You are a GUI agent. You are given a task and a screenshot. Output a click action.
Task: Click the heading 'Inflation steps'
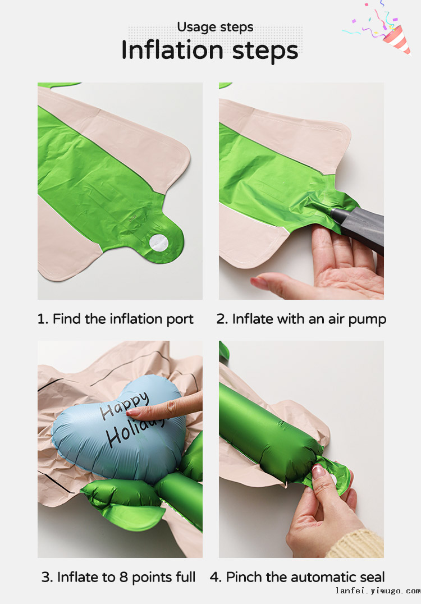pyautogui.click(x=210, y=51)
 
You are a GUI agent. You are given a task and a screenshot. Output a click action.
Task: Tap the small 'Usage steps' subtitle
pyautogui.click(x=215, y=27)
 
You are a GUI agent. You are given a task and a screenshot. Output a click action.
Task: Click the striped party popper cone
pyautogui.click(x=397, y=39)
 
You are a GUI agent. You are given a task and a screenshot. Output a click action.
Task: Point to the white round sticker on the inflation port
pyautogui.click(x=159, y=243)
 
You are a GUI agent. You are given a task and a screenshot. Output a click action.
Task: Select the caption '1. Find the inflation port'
pyautogui.click(x=115, y=319)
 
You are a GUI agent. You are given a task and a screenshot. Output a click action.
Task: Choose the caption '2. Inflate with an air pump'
pyautogui.click(x=301, y=319)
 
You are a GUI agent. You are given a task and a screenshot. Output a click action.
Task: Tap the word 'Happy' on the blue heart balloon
pyautogui.click(x=124, y=405)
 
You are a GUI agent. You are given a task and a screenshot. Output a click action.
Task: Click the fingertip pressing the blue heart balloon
pyautogui.click(x=134, y=412)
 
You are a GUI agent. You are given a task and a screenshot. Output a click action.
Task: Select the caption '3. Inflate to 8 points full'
pyautogui.click(x=118, y=577)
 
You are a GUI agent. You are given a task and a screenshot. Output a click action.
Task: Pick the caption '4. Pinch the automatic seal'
pyautogui.click(x=298, y=577)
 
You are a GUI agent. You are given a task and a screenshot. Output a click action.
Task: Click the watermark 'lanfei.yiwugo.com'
pyautogui.click(x=378, y=591)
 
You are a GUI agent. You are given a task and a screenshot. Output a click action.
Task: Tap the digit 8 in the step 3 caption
pyautogui.click(x=123, y=577)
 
